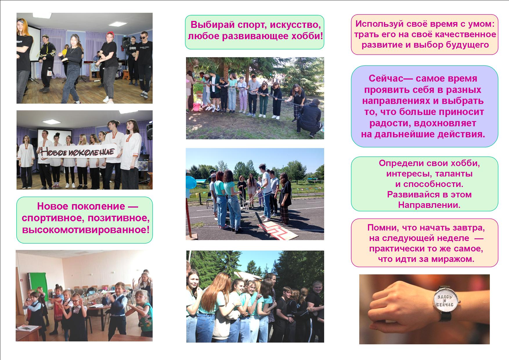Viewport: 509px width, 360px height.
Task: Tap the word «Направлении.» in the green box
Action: tap(429, 205)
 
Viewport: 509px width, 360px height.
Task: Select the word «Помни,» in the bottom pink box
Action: tap(382, 228)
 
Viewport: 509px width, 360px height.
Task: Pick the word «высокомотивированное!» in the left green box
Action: tap(86, 230)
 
